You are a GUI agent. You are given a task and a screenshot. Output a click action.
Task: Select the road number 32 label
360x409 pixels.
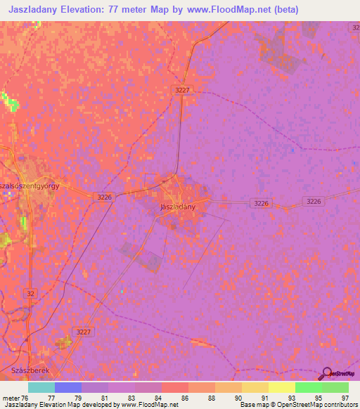pos(30,292)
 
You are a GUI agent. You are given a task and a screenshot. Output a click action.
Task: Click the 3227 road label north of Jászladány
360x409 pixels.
pos(183,90)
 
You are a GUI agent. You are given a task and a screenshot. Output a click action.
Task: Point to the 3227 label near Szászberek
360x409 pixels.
pos(84,332)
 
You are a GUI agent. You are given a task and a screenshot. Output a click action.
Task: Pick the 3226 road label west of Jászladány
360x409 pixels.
pos(103,197)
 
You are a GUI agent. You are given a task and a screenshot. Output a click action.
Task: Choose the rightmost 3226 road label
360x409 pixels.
pos(314,202)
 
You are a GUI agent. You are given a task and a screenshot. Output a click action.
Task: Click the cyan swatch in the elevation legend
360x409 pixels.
pos(41,387)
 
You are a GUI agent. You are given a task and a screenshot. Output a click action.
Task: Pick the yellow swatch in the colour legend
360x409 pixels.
pos(281,387)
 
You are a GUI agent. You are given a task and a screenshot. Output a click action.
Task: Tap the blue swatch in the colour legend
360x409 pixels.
pos(67,387)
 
